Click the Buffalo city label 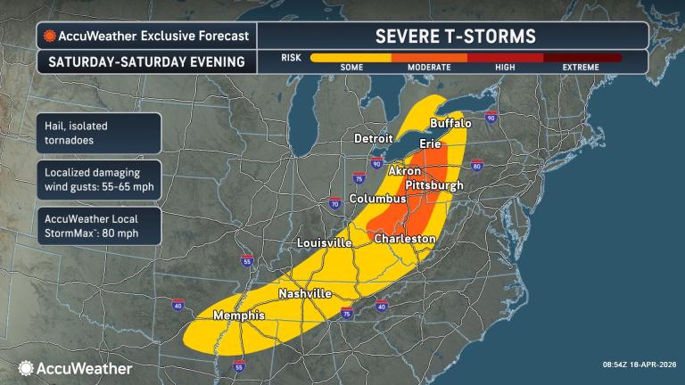(450, 123)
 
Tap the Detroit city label (374, 139)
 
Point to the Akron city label (404, 169)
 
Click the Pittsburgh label (434, 184)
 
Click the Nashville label (305, 293)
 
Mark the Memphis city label (238, 315)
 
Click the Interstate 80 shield (476, 165)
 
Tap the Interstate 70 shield (335, 203)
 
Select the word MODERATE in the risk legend (429, 68)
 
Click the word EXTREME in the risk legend (582, 68)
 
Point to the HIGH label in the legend (506, 68)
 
